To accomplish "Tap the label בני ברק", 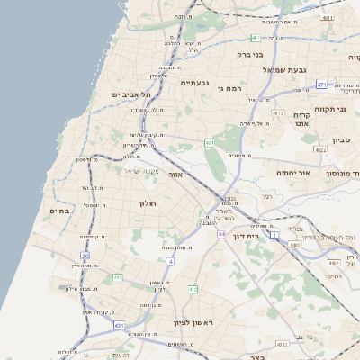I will (249, 54).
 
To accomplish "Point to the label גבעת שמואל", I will (285, 69).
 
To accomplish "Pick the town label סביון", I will (340, 140).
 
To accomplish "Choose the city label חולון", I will (148, 203).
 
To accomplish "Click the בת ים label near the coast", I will (58, 211).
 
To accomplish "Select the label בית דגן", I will (264, 235).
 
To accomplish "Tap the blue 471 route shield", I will (321, 85).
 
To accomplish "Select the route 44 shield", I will (220, 233).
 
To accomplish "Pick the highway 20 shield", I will (85, 256).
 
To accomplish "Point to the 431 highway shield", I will (119, 324).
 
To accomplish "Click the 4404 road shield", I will (333, 263).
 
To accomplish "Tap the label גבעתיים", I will (194, 83).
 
